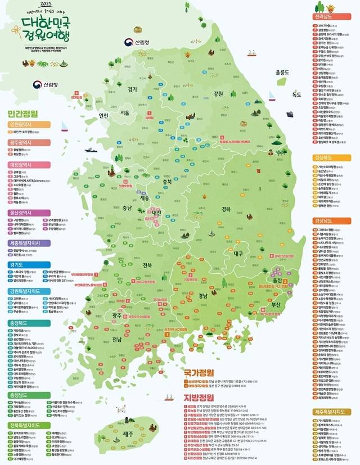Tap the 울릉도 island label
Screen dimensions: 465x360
pyautogui.click(x=282, y=73)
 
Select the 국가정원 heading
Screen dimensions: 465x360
pyautogui.click(x=199, y=372)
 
